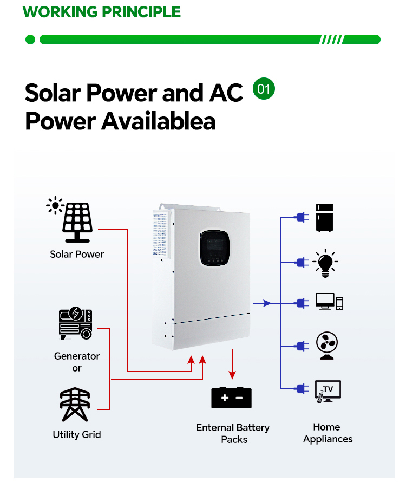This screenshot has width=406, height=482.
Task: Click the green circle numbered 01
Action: (264, 88)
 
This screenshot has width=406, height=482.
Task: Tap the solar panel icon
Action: (70, 219)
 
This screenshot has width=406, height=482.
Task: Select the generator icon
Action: (76, 323)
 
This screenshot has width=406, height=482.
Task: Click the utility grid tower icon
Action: (75, 404)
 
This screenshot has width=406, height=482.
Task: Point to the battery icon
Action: (232, 398)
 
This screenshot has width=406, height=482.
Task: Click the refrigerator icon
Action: (325, 218)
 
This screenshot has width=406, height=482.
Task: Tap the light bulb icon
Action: (325, 263)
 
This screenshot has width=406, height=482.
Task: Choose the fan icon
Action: (327, 345)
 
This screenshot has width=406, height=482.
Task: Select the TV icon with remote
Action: (328, 392)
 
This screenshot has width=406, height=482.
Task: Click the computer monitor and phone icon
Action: (329, 302)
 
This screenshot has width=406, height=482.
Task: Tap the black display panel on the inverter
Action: (215, 247)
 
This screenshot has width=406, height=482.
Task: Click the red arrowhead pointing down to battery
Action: (232, 375)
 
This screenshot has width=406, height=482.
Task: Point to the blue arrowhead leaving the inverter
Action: (267, 303)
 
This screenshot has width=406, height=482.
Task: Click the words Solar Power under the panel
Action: (77, 254)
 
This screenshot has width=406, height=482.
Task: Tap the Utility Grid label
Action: (77, 434)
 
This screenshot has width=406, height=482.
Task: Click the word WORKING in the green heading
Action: (60, 12)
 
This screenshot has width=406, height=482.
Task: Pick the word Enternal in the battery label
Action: (215, 427)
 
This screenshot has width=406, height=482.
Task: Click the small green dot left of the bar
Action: (30, 40)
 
